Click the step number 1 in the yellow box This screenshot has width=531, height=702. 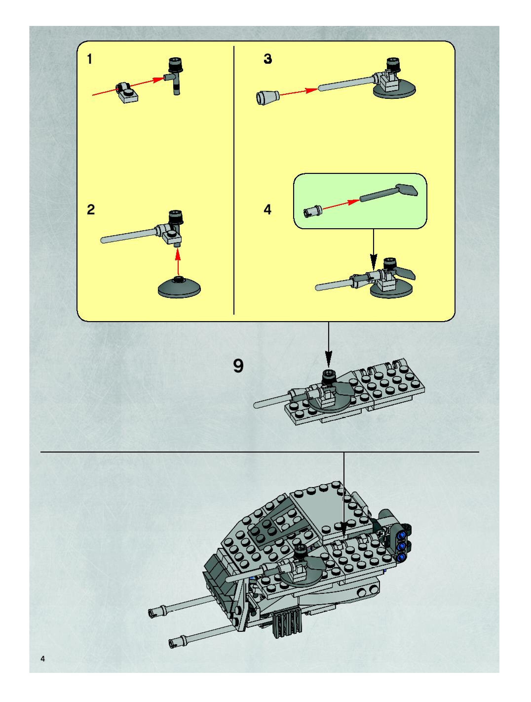90,59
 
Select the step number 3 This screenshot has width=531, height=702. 268,59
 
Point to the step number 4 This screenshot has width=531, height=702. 267,209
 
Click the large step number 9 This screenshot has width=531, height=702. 238,366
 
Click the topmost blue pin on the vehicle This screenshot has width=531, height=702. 402,535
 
